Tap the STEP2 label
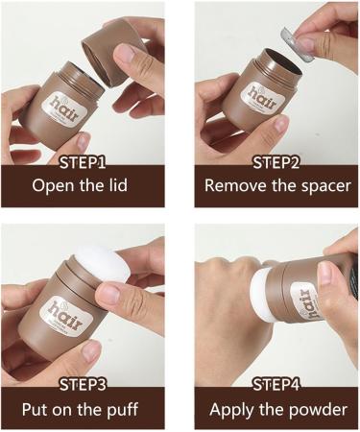276,159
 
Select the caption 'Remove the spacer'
276,185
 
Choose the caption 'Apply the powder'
277,410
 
